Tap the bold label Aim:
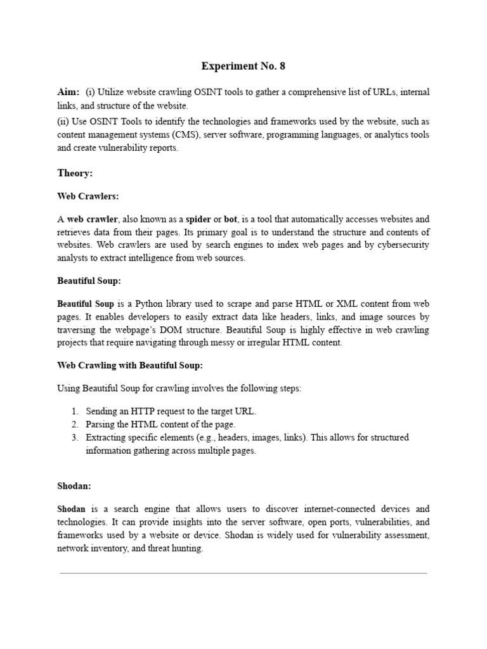[x=68, y=93]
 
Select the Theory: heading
[x=75, y=173]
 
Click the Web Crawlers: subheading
[x=88, y=196]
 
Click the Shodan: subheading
[x=74, y=485]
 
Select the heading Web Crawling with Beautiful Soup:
[x=130, y=365]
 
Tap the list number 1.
[x=74, y=411]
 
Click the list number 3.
[x=74, y=437]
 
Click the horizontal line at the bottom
[x=243, y=574]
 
